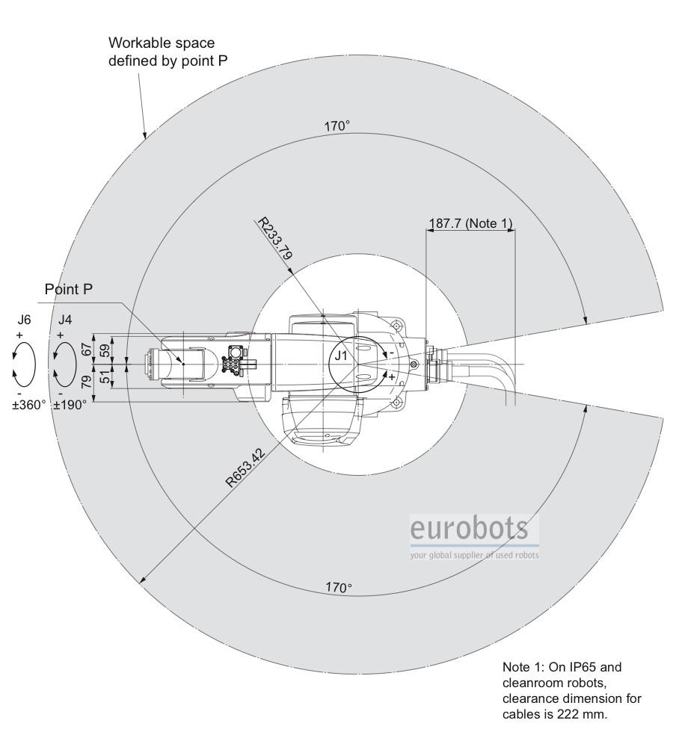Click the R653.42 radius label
(246, 468)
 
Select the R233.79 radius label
(276, 238)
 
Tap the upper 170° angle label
(337, 126)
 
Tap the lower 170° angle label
(339, 587)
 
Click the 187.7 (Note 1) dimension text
(471, 223)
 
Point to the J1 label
(341, 356)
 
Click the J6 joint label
(25, 320)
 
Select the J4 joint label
(65, 320)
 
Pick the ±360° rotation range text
(29, 405)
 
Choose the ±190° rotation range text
(70, 405)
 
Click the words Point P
(69, 290)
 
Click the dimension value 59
(107, 350)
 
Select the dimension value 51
(107, 376)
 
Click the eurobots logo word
(470, 528)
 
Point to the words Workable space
(162, 43)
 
